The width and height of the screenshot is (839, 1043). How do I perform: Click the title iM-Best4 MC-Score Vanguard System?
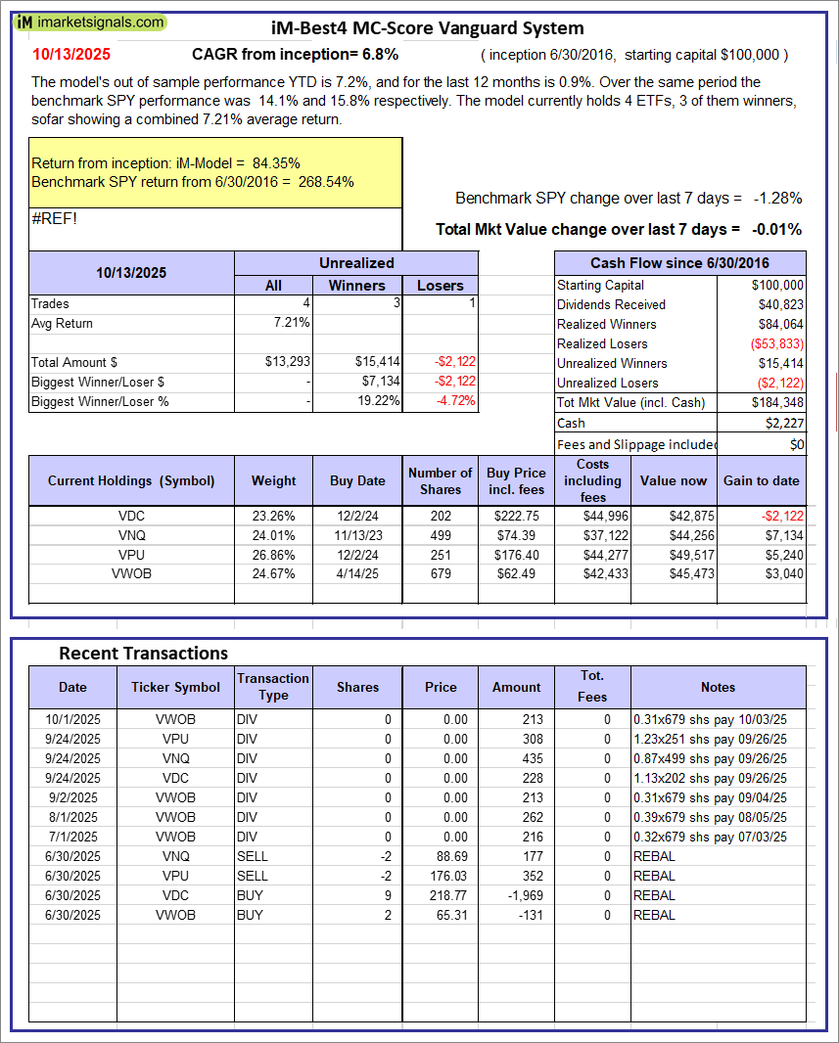pyautogui.click(x=427, y=28)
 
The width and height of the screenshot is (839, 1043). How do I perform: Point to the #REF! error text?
pyautogui.click(x=54, y=218)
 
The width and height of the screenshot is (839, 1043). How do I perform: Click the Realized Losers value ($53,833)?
pyautogui.click(x=776, y=343)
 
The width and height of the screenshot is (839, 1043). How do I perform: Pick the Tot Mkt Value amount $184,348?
pyautogui.click(x=777, y=402)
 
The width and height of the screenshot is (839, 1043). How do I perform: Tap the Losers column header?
pyautogui.click(x=441, y=285)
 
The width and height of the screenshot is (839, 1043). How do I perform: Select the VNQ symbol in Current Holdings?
pyautogui.click(x=131, y=534)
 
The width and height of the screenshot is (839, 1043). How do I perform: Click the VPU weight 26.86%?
pyautogui.click(x=274, y=554)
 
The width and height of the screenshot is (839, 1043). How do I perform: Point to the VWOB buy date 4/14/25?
pyautogui.click(x=357, y=573)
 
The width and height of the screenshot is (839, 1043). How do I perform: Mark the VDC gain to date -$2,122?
pyautogui.click(x=780, y=515)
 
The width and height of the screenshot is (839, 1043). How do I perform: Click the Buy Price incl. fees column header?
pyautogui.click(x=516, y=480)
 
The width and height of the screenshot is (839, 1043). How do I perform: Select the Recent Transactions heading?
pyautogui.click(x=143, y=653)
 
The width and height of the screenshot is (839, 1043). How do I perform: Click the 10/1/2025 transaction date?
pyautogui.click(x=72, y=719)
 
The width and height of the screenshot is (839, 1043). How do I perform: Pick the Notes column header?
pyautogui.click(x=718, y=687)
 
